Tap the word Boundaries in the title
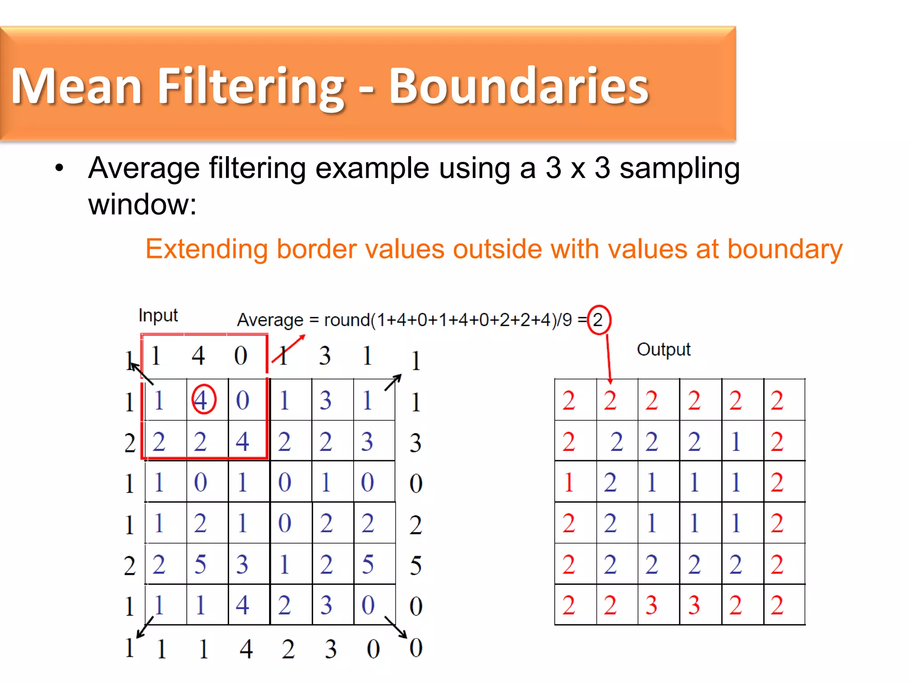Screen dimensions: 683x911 tap(519, 86)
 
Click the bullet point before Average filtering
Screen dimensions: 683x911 tap(59, 169)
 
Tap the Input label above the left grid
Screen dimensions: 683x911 tap(158, 315)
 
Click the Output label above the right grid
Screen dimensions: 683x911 tap(663, 350)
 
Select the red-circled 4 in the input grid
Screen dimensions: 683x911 tap(203, 400)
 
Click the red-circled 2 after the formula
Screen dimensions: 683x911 tap(599, 320)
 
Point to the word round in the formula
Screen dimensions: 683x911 tap(347, 320)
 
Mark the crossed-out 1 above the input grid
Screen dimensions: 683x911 tap(283, 356)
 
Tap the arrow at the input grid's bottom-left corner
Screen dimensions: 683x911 tap(145, 627)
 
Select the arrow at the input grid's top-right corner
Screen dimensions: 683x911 tap(393, 382)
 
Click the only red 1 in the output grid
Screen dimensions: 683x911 tap(568, 482)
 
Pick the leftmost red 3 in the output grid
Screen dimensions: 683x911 tap(652, 605)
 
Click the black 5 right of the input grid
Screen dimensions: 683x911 tap(415, 566)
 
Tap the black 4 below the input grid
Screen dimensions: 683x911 tap(246, 649)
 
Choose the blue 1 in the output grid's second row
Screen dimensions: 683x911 tap(736, 442)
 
